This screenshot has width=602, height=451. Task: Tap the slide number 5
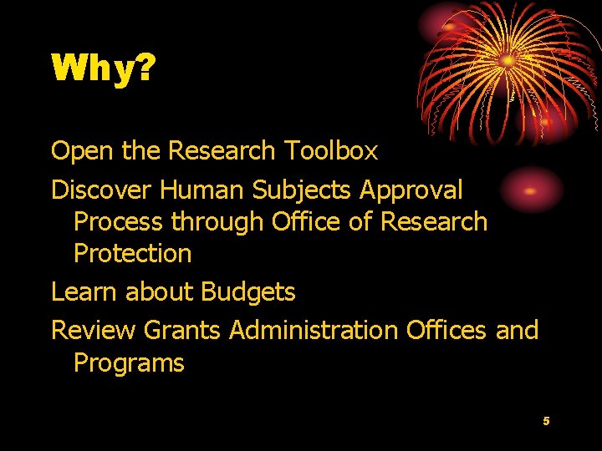pyautogui.click(x=546, y=421)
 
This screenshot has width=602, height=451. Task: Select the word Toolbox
pyautogui.click(x=331, y=151)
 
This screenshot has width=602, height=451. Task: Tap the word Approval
pyautogui.click(x=411, y=190)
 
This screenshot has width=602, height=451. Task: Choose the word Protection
pyautogui.click(x=133, y=254)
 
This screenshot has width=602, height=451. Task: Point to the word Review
pyautogui.click(x=93, y=331)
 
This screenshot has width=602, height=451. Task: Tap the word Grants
pyautogui.click(x=182, y=331)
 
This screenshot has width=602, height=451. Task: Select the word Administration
pyautogui.click(x=314, y=331)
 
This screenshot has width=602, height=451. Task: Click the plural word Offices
pyautogui.click(x=446, y=331)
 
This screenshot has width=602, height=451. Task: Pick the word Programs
pyautogui.click(x=129, y=363)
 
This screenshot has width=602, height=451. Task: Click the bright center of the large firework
pyautogui.click(x=508, y=60)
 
